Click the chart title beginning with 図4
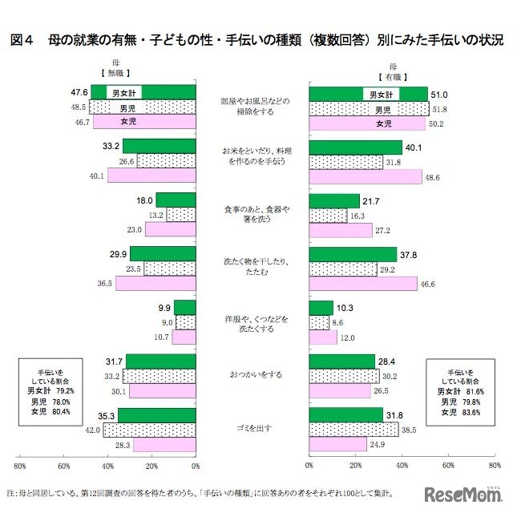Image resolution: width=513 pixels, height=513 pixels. (x=256, y=38)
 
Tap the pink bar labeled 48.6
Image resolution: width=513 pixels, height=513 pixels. (x=365, y=176)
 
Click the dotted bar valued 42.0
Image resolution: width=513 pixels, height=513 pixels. (x=149, y=430)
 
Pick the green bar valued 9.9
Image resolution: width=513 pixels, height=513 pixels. (x=185, y=307)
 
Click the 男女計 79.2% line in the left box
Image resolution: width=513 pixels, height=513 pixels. (x=50, y=390)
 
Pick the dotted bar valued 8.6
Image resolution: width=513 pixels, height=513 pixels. (x=319, y=322)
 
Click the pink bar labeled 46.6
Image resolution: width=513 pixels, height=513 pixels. (x=363, y=284)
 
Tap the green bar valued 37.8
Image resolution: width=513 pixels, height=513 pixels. (x=353, y=254)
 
